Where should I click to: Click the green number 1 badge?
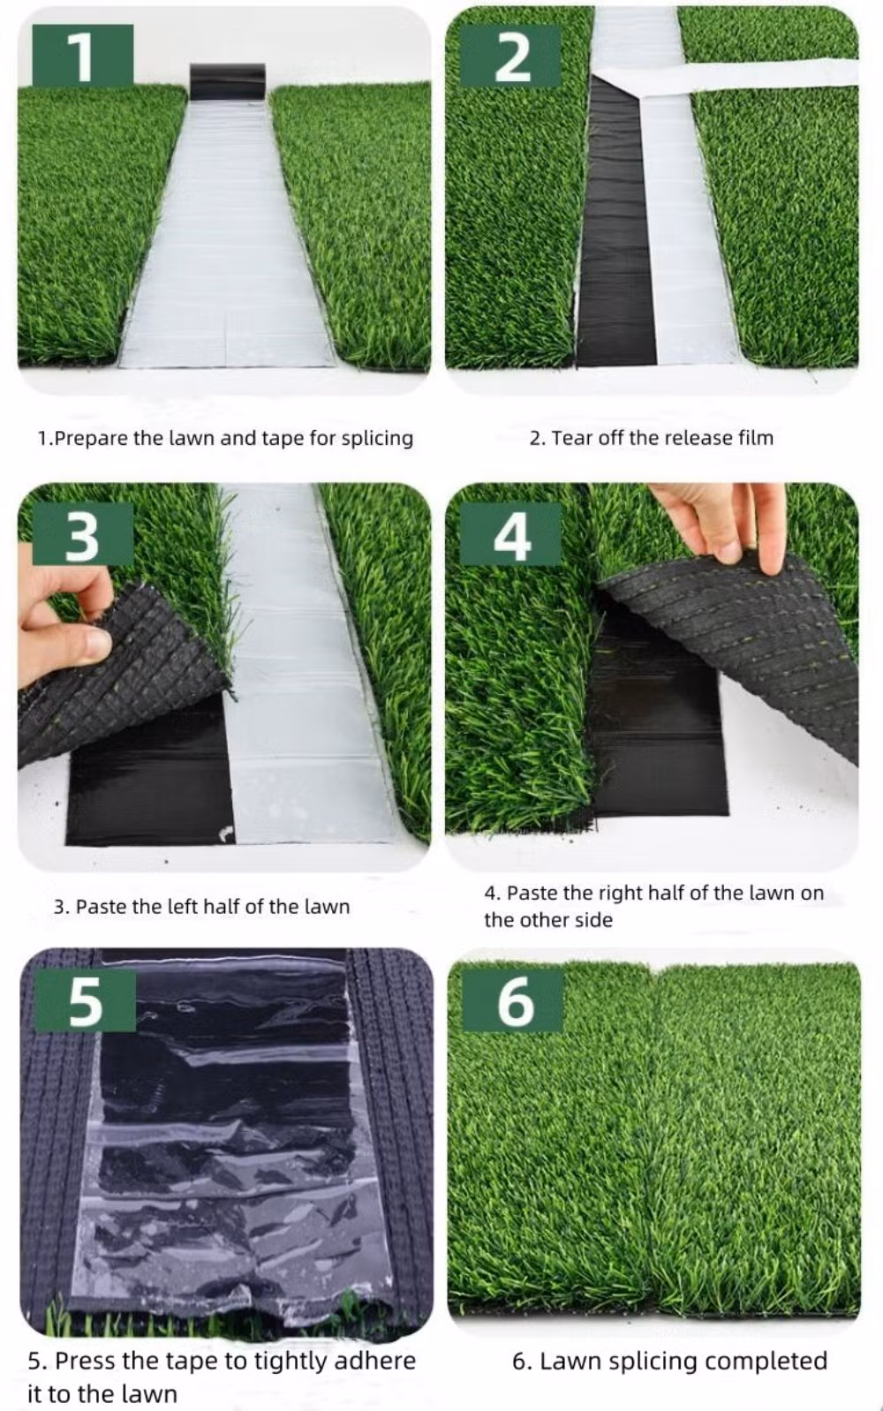tap(82, 55)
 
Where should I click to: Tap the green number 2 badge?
tap(510, 55)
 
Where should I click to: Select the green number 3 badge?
tap(82, 534)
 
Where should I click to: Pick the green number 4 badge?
tap(510, 534)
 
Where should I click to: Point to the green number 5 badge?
tap(85, 1000)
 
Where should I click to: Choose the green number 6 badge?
tap(513, 1000)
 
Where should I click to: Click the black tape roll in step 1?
tap(227, 81)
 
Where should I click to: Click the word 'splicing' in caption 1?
tap(377, 439)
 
